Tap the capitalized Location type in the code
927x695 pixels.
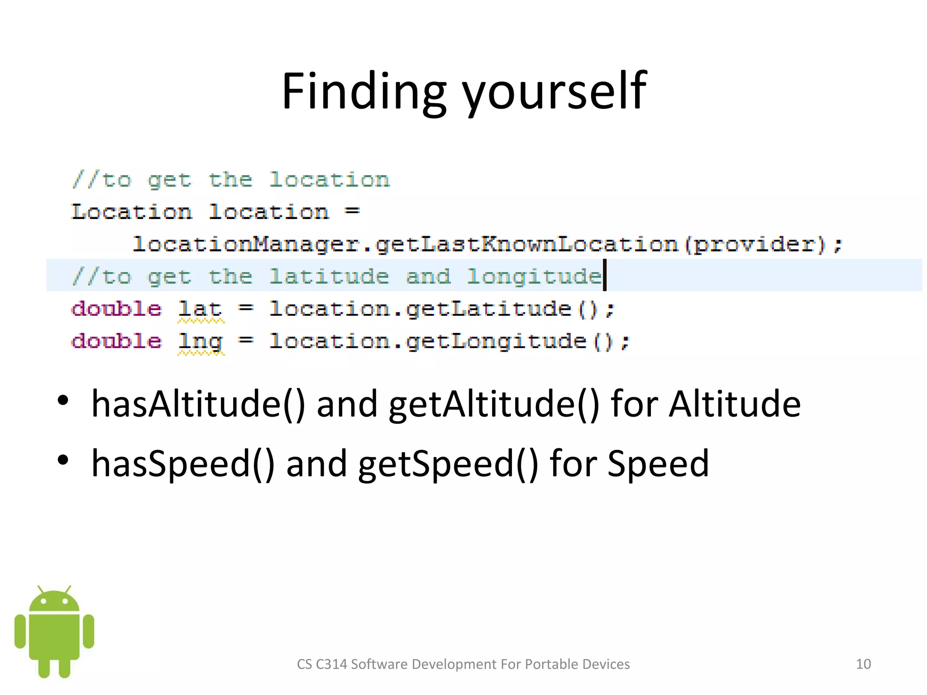pyautogui.click(x=131, y=212)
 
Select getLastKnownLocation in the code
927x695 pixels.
pyautogui.click(x=526, y=244)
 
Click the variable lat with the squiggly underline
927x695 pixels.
pyautogui.click(x=200, y=309)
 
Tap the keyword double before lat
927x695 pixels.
pyautogui.click(x=116, y=309)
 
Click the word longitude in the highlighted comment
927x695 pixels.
pyautogui.click(x=534, y=276)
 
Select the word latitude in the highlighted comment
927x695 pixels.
pyautogui.click(x=329, y=276)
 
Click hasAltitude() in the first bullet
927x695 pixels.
pyautogui.click(x=198, y=403)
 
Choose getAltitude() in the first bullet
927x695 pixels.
pyautogui.click(x=494, y=403)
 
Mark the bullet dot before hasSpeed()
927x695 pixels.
pyautogui.click(x=63, y=460)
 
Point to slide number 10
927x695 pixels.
pyautogui.click(x=863, y=664)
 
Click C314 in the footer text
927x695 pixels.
pyautogui.click(x=331, y=664)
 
